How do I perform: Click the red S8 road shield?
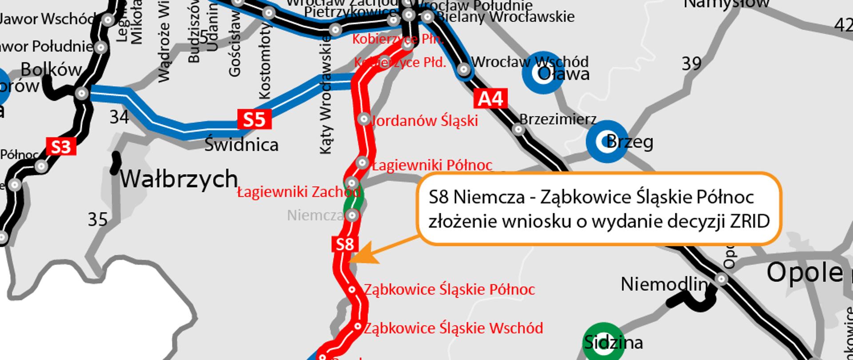[x=345, y=244]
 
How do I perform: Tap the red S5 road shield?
[x=254, y=119]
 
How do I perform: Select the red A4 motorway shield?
[x=490, y=99]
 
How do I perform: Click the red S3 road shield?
[x=61, y=147]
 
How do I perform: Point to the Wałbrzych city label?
[x=179, y=179]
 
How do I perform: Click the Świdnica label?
[x=241, y=145]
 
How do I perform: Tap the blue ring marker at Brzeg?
[x=606, y=141]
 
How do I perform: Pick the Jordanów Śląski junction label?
[x=425, y=120]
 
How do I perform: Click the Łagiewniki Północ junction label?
[x=432, y=165]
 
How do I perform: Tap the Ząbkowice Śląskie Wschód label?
[x=453, y=328]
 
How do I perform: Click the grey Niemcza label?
[x=315, y=216]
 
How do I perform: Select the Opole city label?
[x=805, y=272]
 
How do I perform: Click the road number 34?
[x=119, y=117]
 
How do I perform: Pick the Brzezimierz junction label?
[x=558, y=120]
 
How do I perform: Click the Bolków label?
[x=51, y=70]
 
